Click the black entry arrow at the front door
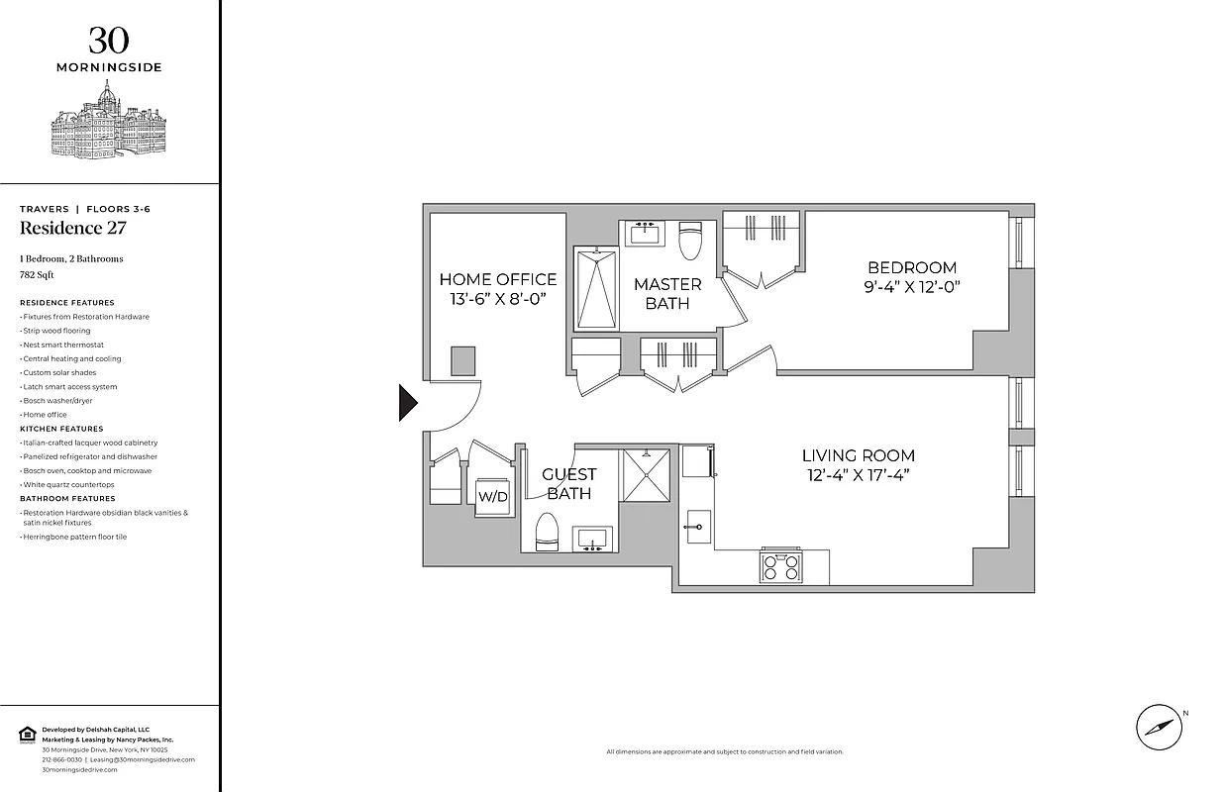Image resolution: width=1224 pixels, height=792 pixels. click(407, 402)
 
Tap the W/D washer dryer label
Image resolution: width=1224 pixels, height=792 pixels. click(492, 496)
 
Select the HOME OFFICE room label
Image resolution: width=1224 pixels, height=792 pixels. click(497, 288)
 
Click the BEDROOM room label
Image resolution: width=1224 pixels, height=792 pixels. click(912, 276)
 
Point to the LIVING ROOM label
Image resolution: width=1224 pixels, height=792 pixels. click(858, 464)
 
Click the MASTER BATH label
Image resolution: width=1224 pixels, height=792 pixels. click(667, 293)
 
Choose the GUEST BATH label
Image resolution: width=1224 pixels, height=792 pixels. click(568, 483)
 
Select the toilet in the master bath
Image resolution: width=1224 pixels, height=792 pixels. click(690, 241)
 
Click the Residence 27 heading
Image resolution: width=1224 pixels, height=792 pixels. click(73, 229)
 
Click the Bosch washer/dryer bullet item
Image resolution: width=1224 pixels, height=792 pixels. click(57, 401)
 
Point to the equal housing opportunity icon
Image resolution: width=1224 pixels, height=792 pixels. click(27, 734)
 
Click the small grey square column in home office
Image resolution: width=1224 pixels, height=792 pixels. click(462, 360)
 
